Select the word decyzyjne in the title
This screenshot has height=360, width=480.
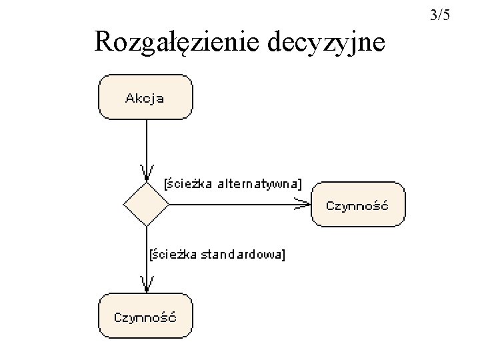coord(326,42)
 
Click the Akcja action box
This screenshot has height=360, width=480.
coord(145,97)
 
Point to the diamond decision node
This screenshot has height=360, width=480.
coord(146,205)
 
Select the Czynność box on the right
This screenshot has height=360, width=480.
coord(357,205)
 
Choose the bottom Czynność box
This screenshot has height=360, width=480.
coord(145,315)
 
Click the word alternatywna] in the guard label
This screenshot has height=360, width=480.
coord(261,183)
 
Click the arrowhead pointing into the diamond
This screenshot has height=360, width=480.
coord(146,175)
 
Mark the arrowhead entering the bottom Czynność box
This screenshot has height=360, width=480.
coord(146,285)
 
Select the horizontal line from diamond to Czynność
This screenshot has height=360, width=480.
coord(233,205)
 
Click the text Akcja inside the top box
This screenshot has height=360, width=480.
coord(145,99)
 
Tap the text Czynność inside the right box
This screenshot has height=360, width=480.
coord(357,205)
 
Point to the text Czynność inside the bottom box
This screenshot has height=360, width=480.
coord(145,317)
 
